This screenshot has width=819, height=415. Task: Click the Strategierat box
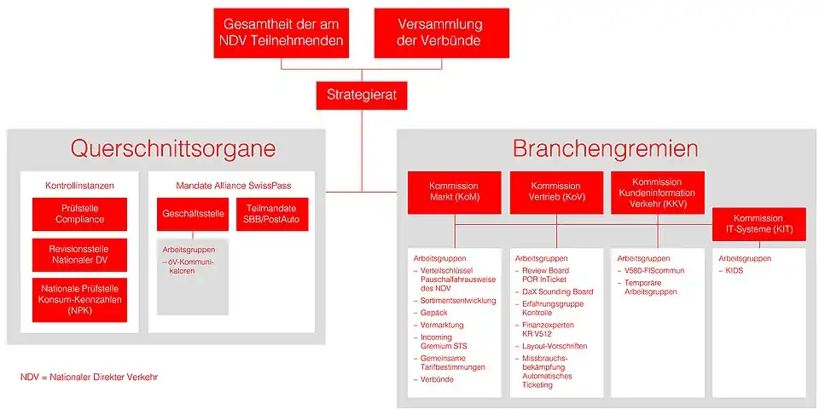click(362, 95)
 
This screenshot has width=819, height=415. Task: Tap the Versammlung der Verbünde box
click(441, 33)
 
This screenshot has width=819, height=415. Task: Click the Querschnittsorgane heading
click(173, 149)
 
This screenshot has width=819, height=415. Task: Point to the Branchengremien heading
click(605, 149)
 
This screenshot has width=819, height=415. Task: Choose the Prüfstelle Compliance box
click(79, 214)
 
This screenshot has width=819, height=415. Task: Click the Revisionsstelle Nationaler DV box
click(79, 254)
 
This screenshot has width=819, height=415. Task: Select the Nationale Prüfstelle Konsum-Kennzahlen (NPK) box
click(79, 299)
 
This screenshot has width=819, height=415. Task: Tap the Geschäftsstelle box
click(193, 214)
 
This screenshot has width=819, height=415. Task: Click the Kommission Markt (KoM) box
click(454, 193)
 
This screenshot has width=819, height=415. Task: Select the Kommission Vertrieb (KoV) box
click(555, 193)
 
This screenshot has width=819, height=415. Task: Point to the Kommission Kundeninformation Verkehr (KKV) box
click(658, 193)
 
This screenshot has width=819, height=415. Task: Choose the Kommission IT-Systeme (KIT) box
click(758, 224)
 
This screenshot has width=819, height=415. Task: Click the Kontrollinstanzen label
click(79, 185)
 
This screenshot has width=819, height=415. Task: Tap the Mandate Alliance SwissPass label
click(232, 185)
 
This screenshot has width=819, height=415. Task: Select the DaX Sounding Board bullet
click(559, 291)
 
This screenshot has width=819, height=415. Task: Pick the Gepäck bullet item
click(434, 313)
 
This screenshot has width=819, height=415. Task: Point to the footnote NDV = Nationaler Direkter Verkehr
click(89, 377)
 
